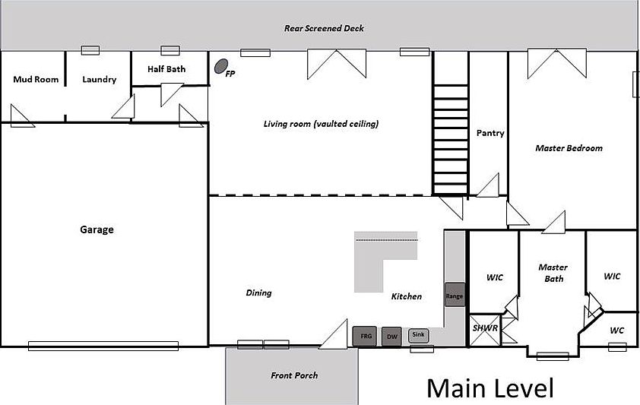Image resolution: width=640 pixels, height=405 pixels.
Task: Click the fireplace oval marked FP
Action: [221, 66]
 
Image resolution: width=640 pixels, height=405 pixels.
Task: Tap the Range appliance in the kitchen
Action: [455, 295]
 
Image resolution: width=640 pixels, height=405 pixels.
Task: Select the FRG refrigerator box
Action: [365, 336]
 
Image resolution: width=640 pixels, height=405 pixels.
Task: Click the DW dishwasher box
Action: [392, 337]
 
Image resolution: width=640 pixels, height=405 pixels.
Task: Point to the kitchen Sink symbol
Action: [418, 335]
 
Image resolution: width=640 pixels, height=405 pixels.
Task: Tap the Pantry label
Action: [490, 133]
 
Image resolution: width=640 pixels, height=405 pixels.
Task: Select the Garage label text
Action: [97, 229]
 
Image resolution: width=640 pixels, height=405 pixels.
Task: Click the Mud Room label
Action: [36, 79]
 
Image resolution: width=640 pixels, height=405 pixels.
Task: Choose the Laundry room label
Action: [99, 80]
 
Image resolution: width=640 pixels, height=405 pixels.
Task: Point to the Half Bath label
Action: [166, 69]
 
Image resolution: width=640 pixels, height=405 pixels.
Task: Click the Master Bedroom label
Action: [569, 148]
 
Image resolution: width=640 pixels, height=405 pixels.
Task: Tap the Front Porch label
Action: [294, 375]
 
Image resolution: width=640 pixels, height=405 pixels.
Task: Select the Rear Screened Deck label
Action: [324, 28]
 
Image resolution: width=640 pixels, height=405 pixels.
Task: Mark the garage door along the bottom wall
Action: [103, 346]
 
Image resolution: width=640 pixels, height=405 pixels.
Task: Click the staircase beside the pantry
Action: [451, 138]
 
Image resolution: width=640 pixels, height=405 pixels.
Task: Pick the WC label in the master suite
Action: [616, 331]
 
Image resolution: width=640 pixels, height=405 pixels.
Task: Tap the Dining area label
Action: [258, 293]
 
